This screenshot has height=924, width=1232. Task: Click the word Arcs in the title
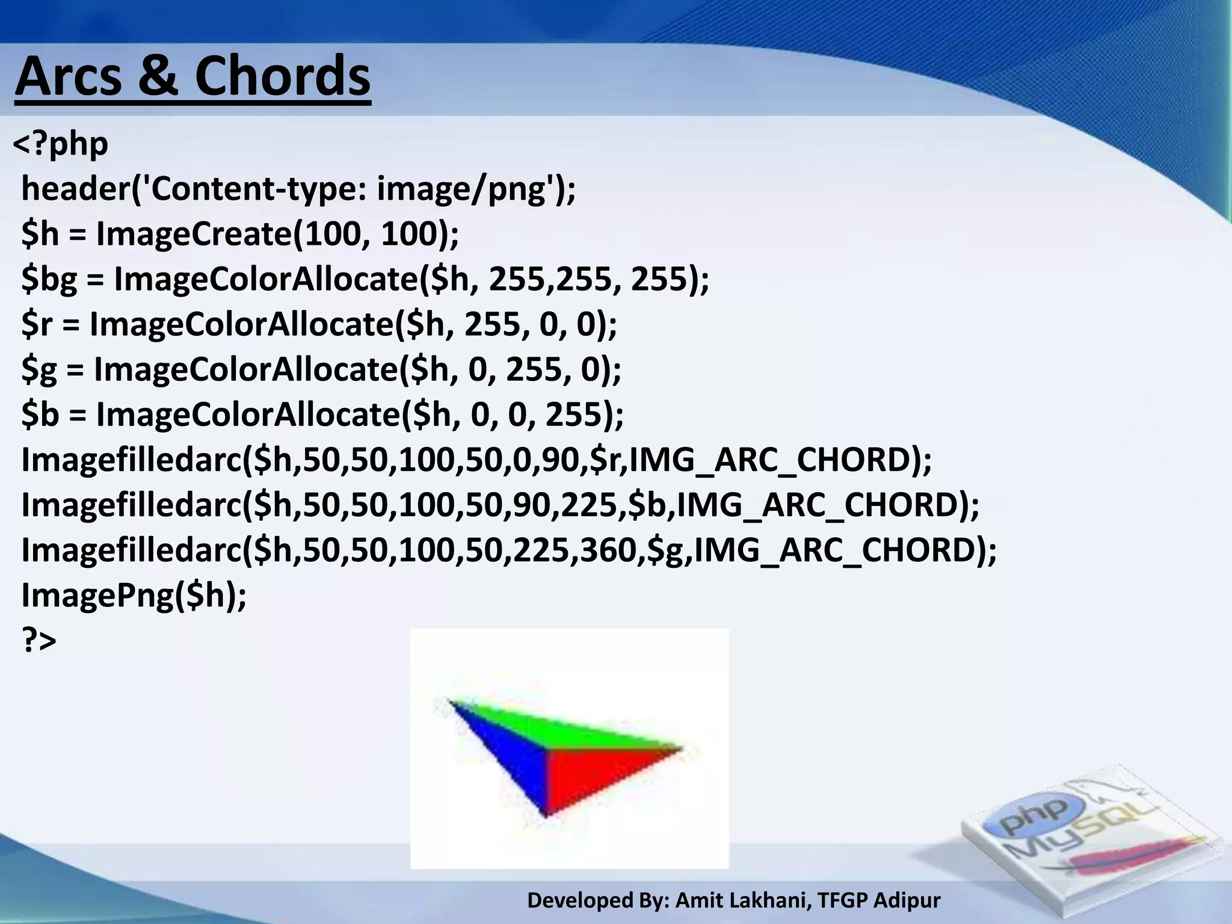tap(68, 77)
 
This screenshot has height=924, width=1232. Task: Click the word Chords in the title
tap(282, 77)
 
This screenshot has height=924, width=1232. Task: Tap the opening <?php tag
tap(60, 144)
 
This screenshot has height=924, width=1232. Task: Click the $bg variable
tap(49, 280)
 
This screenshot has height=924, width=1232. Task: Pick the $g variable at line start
tap(39, 370)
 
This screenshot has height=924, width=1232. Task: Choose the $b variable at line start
tap(40, 415)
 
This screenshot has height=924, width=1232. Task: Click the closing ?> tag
tap(39, 640)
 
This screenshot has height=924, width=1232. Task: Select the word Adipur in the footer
tap(907, 901)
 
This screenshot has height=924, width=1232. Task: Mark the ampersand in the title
tap(158, 77)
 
